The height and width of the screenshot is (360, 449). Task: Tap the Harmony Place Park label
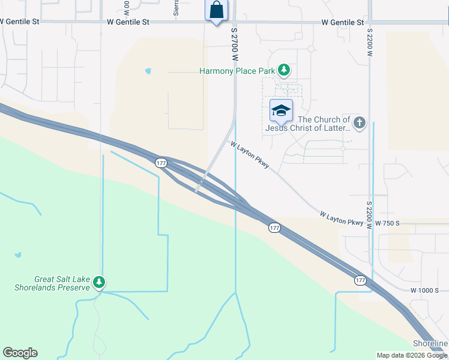coord(237,71)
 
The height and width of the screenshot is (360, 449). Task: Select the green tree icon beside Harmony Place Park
coord(284,71)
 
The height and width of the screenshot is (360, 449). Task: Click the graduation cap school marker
coord(281,110)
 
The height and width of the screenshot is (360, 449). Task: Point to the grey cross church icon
coord(359,123)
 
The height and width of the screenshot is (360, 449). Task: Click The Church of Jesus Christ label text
coord(308,124)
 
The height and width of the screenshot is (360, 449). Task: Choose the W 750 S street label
coord(387,223)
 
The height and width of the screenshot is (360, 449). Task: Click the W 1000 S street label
coord(425,290)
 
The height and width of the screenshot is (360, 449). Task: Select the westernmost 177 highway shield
coord(161,163)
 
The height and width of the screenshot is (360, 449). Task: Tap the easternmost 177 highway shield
coord(360,280)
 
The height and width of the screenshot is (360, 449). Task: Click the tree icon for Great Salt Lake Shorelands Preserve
coord(100,282)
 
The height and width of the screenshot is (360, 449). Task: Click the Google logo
coord(20,353)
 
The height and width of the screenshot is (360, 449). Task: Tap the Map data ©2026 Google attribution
coord(411,355)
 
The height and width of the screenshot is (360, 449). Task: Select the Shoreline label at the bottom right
coord(430,343)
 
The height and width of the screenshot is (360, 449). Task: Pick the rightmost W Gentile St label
coord(343,22)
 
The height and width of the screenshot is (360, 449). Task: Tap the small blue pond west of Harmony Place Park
coord(148,71)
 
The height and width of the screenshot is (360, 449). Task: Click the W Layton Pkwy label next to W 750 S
coord(342,218)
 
